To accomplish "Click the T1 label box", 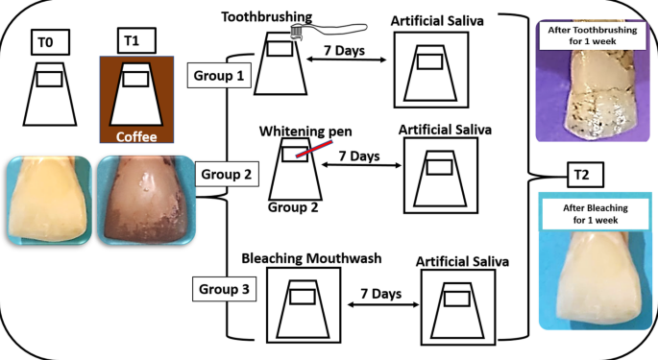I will (132, 42).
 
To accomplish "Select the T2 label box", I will (577, 174).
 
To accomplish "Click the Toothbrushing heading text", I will (266, 16).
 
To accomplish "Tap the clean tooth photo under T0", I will (47, 201).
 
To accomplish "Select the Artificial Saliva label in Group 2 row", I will (441, 131).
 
